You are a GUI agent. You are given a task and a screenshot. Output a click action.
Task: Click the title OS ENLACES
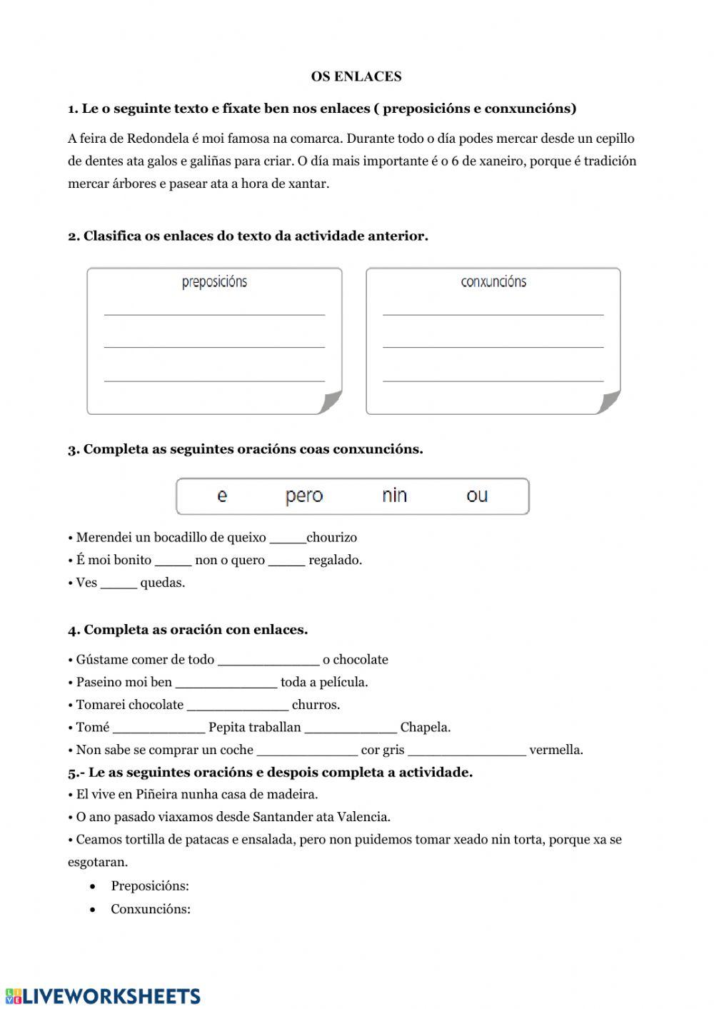point(356,76)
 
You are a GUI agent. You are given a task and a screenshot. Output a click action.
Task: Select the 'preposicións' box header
point(214,282)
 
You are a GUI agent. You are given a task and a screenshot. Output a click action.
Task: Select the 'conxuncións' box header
point(493,282)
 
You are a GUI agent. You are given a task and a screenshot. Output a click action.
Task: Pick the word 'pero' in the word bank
point(304,496)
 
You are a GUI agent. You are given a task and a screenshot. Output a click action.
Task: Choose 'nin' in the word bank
point(394,496)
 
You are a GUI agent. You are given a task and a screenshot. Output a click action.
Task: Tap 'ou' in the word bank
point(477,496)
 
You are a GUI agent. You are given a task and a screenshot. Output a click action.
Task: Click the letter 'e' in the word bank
point(222,496)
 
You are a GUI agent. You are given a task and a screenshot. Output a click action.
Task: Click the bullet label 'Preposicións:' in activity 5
point(150,886)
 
